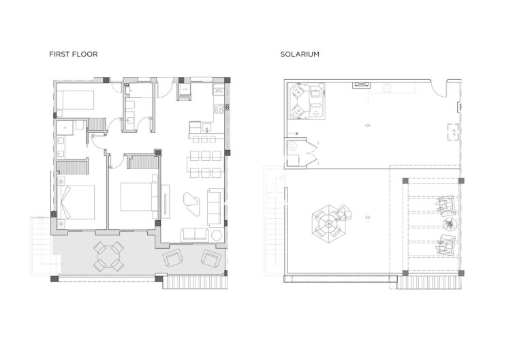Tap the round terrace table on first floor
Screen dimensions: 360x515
(108, 256)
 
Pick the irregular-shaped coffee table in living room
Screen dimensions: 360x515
(191, 201)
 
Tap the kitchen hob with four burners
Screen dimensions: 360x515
(218, 108)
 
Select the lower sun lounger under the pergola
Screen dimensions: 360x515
(446, 243)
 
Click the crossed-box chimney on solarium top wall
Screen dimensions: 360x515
(360, 85)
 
